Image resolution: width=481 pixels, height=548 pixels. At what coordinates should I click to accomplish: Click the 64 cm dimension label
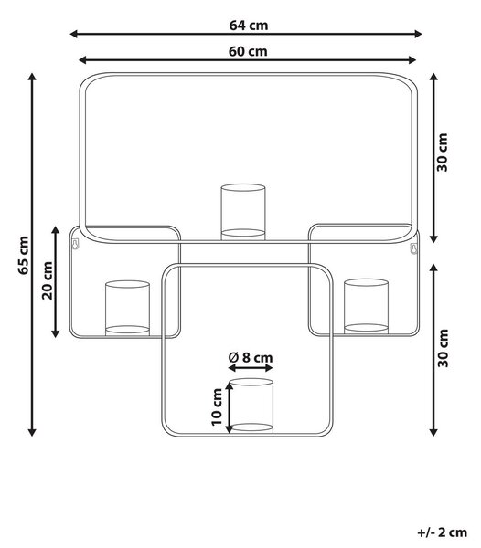249,26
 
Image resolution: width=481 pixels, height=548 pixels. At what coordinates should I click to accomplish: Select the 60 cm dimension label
248,51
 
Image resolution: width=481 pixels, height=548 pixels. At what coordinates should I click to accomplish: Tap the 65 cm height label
24,255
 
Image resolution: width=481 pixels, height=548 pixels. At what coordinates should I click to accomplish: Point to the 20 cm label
47,280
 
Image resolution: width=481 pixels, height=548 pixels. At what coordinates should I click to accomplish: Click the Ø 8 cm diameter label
251,357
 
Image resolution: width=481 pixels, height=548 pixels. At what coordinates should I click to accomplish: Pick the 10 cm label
217,406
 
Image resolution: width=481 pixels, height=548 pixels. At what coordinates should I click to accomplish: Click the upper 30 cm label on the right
443,153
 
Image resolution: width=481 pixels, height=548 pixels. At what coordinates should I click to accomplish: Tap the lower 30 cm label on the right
443,348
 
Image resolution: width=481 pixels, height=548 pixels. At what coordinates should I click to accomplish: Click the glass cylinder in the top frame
243,212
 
